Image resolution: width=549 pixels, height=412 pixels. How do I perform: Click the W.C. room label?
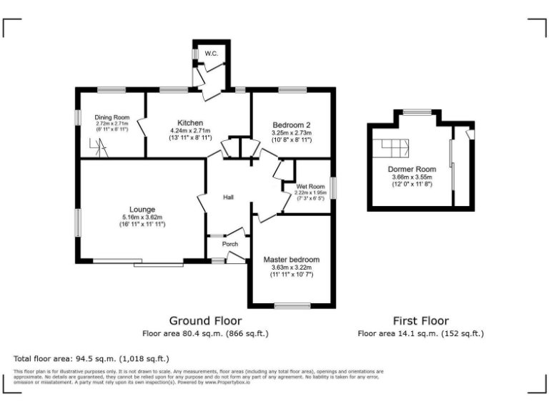[211, 54]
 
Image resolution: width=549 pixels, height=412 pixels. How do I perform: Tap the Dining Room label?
[112, 117]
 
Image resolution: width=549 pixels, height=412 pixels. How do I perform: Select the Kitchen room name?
[190, 122]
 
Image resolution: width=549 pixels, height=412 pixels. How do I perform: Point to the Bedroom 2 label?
[291, 124]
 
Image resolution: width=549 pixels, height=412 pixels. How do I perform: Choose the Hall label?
[228, 197]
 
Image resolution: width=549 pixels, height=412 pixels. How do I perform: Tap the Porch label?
[229, 244]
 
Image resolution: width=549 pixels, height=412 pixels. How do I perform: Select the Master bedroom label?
[291, 259]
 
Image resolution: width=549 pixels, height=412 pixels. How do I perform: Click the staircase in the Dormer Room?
[395, 148]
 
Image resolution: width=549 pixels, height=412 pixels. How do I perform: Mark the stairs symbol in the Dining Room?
[98, 149]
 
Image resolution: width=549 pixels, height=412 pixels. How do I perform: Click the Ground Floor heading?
[205, 320]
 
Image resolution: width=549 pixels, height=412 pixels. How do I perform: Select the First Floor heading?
[421, 320]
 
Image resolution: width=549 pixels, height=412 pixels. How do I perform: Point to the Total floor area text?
[91, 358]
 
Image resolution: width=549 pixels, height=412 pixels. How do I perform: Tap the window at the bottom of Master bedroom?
[290, 306]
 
